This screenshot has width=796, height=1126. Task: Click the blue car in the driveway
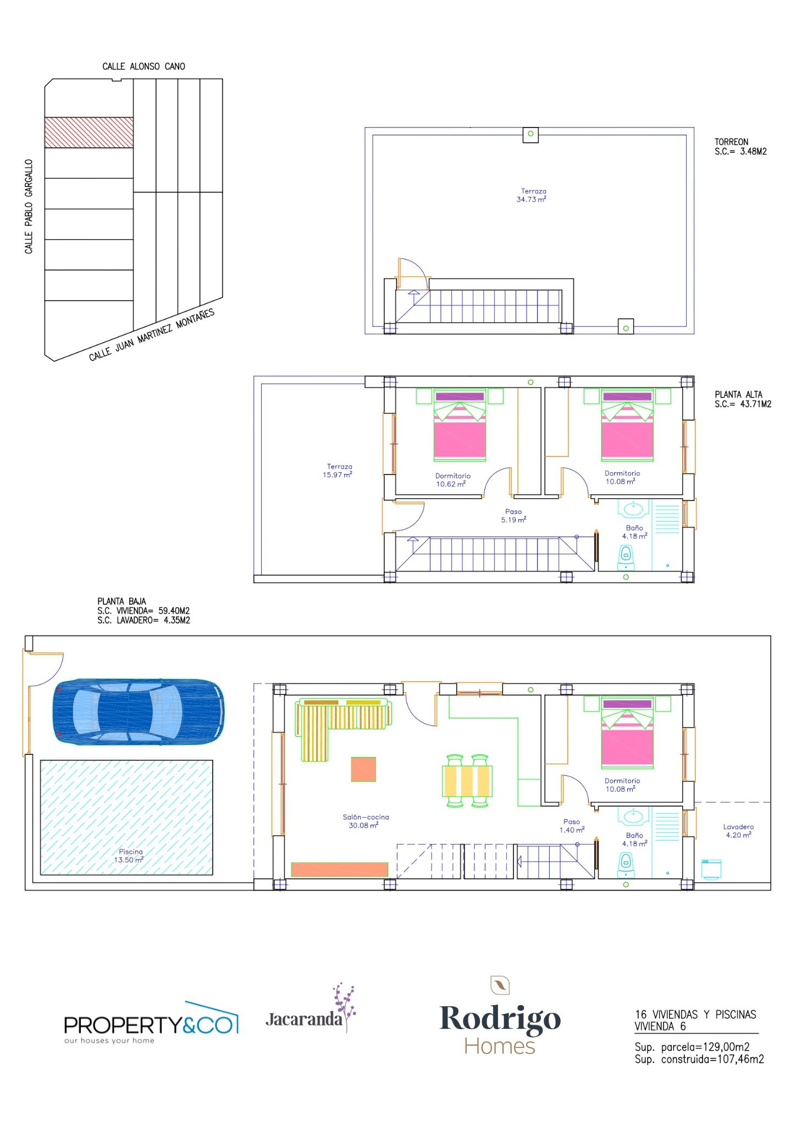(139, 712)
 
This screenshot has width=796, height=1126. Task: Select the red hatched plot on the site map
(89, 133)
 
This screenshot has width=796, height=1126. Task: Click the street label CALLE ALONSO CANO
(144, 67)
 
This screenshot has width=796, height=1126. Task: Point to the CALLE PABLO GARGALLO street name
(29, 207)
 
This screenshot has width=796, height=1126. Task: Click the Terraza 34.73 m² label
(532, 195)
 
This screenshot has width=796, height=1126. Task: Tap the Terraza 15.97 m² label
(338, 471)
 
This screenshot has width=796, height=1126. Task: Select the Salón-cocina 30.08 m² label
(365, 821)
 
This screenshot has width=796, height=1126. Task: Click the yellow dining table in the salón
(467, 781)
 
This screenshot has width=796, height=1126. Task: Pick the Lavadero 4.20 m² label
(738, 831)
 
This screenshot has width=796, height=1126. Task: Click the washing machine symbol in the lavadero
(711, 869)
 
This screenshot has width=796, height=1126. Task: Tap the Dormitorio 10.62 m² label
(452, 480)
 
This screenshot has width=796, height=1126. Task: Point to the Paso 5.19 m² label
(513, 516)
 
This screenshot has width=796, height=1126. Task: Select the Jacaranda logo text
(304, 1019)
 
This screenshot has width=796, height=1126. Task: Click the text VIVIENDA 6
(660, 1026)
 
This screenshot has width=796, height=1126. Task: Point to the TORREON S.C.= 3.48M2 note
(740, 147)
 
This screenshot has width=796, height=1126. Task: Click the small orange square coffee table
(363, 769)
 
